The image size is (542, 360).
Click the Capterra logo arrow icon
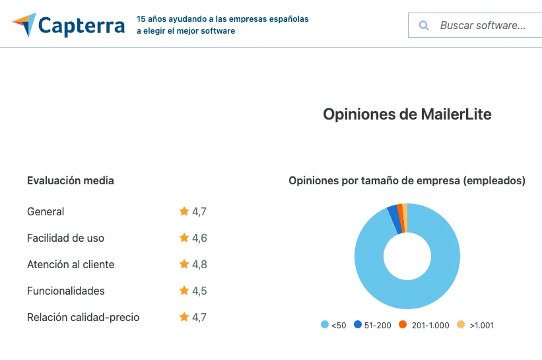coord(24,25)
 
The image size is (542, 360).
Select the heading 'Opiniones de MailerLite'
coord(407,114)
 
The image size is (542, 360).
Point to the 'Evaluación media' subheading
coord(70,180)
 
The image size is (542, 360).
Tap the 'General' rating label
coord(46,211)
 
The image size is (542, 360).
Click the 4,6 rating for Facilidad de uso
coord(199,238)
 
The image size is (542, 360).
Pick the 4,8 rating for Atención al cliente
coord(199,264)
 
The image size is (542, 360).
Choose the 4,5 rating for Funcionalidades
coord(199,291)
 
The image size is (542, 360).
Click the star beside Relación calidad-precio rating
coord(184,317)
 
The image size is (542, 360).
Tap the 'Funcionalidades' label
coord(66,291)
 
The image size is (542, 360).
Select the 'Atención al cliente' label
coord(71,264)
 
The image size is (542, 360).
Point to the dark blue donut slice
coord(393,218)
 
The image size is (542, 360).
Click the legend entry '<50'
coord(333,325)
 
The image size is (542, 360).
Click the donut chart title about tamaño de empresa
coord(407,180)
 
